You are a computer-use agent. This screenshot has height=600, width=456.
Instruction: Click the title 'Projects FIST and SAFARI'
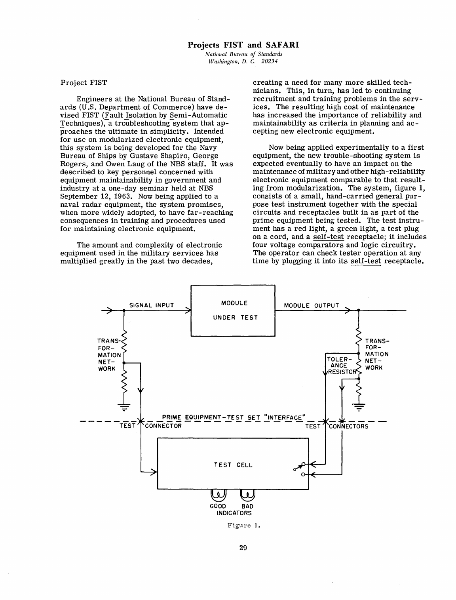pyautogui.click(x=243, y=45)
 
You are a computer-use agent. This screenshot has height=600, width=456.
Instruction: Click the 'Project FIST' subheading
pyautogui.click(x=84, y=83)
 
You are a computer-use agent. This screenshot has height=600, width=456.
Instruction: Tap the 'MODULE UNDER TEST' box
pyautogui.click(x=233, y=310)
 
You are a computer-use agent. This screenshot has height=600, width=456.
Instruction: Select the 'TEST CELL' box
pyautogui.click(x=233, y=463)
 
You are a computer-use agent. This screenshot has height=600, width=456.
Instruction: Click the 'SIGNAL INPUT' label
pyautogui.click(x=152, y=305)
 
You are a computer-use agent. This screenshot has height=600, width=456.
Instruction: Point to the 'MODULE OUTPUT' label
pyautogui.click(x=311, y=305)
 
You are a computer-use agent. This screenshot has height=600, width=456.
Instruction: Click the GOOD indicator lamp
pyautogui.click(x=218, y=495)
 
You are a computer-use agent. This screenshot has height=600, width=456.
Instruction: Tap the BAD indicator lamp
pyautogui.click(x=247, y=495)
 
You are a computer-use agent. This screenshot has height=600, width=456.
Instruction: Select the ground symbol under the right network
pyautogui.click(x=359, y=404)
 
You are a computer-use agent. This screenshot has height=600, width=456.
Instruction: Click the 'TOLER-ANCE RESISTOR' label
pyautogui.click(x=340, y=366)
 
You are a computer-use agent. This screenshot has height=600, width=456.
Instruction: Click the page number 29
pyautogui.click(x=243, y=548)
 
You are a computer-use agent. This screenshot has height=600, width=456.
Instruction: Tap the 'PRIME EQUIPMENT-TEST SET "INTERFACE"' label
pyautogui.click(x=234, y=417)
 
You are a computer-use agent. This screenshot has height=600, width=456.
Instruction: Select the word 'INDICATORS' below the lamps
pyautogui.click(x=234, y=513)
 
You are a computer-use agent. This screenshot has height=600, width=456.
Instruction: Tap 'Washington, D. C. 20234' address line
pyautogui.click(x=243, y=61)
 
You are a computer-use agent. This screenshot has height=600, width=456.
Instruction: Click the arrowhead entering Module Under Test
pyautogui.click(x=188, y=310)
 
